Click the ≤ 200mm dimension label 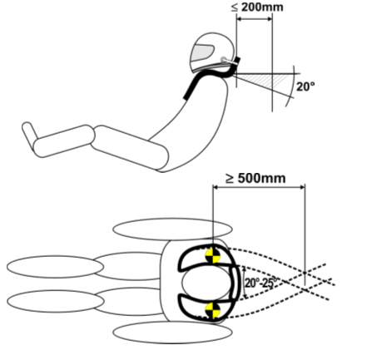[257, 7]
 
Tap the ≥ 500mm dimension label [255, 178]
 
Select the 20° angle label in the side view [305, 86]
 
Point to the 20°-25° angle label [260, 283]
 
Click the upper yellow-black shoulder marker [212, 256]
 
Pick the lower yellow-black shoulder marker [212, 310]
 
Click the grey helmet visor [202, 53]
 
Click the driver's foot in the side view [29, 133]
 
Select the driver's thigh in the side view [130, 147]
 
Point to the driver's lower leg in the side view [64, 141]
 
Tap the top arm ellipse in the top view [172, 229]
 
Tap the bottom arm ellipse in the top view [172, 333]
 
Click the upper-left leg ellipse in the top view [55, 267]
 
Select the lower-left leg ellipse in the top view [56, 301]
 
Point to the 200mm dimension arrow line [254, 19]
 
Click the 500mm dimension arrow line [259, 187]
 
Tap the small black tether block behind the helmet [237, 60]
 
